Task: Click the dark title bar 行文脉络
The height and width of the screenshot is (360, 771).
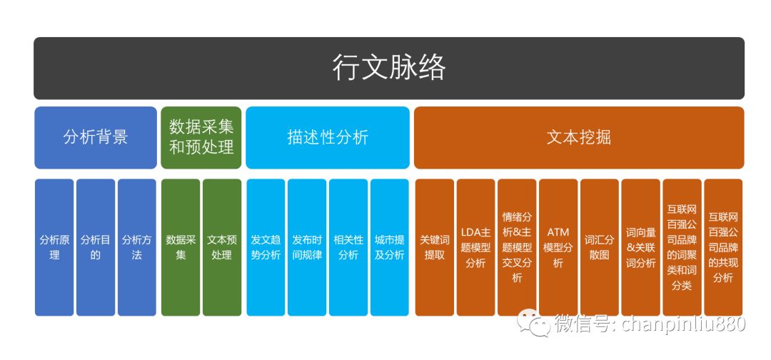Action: coord(388,68)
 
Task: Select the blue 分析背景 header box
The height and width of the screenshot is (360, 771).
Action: coord(95,137)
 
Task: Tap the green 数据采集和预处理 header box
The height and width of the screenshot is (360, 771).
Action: coord(201,137)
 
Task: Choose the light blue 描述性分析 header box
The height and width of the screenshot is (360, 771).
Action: coord(328,137)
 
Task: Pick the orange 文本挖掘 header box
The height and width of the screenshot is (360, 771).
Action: coord(578,137)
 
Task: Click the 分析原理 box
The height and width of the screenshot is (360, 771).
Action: coord(54,246)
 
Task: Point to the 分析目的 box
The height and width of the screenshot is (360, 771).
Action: coord(96,246)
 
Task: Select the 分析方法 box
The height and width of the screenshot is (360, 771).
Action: coord(136,246)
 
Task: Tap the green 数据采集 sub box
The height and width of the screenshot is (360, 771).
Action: coord(181,246)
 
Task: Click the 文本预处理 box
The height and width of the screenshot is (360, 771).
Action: coord(222,246)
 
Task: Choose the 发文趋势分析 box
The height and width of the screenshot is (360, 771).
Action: coord(266,246)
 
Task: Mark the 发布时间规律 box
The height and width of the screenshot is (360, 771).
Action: coord(307,246)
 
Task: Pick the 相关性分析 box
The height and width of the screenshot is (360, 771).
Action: coord(348,246)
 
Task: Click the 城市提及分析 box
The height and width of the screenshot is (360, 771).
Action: coord(389,246)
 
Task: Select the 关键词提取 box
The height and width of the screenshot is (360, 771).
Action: coord(434,246)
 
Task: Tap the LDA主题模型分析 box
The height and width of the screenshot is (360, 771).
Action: coord(475,246)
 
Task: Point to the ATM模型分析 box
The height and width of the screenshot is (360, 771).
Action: coord(558,246)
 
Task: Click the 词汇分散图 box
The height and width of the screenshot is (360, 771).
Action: coord(599,246)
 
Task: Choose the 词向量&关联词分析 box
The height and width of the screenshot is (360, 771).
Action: coord(640,246)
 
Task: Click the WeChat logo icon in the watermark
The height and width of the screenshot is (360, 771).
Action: coord(534,324)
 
